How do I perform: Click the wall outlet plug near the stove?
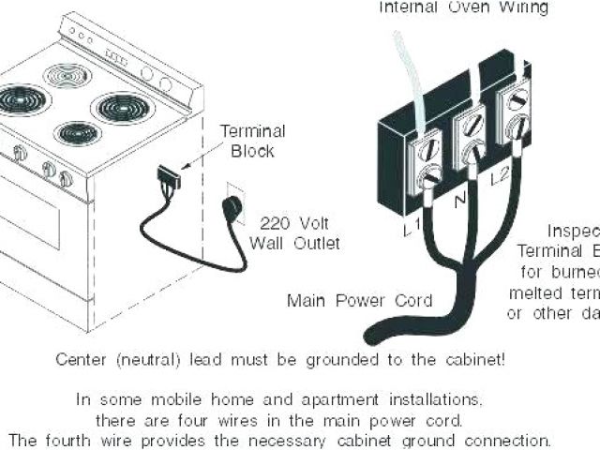pyautogui.click(x=228, y=208)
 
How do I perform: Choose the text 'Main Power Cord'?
pyautogui.click(x=360, y=301)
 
